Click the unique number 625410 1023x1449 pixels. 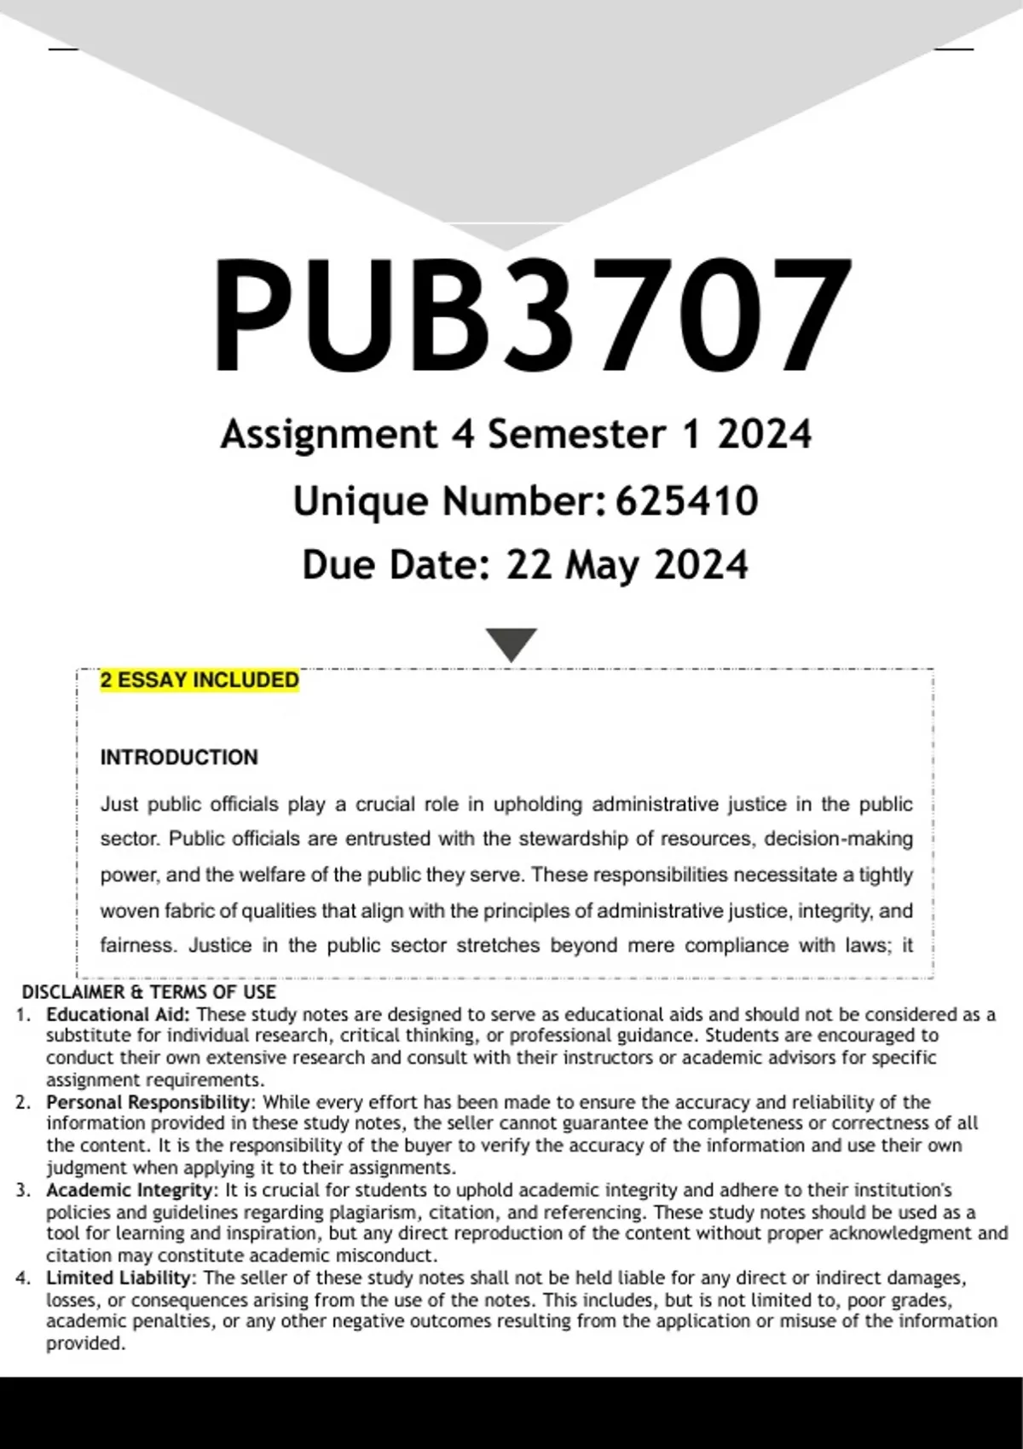[686, 500]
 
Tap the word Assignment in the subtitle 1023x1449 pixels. [328, 435]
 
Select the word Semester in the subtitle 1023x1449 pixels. [575, 435]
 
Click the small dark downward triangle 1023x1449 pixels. [511, 644]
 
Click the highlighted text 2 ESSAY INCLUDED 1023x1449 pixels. [199, 680]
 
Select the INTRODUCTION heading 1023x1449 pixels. [179, 758]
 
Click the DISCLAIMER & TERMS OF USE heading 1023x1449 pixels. [148, 992]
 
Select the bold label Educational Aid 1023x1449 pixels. [118, 1014]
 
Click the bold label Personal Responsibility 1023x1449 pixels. [147, 1102]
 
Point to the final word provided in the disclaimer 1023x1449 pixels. [84, 1344]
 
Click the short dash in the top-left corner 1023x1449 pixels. [63, 49]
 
